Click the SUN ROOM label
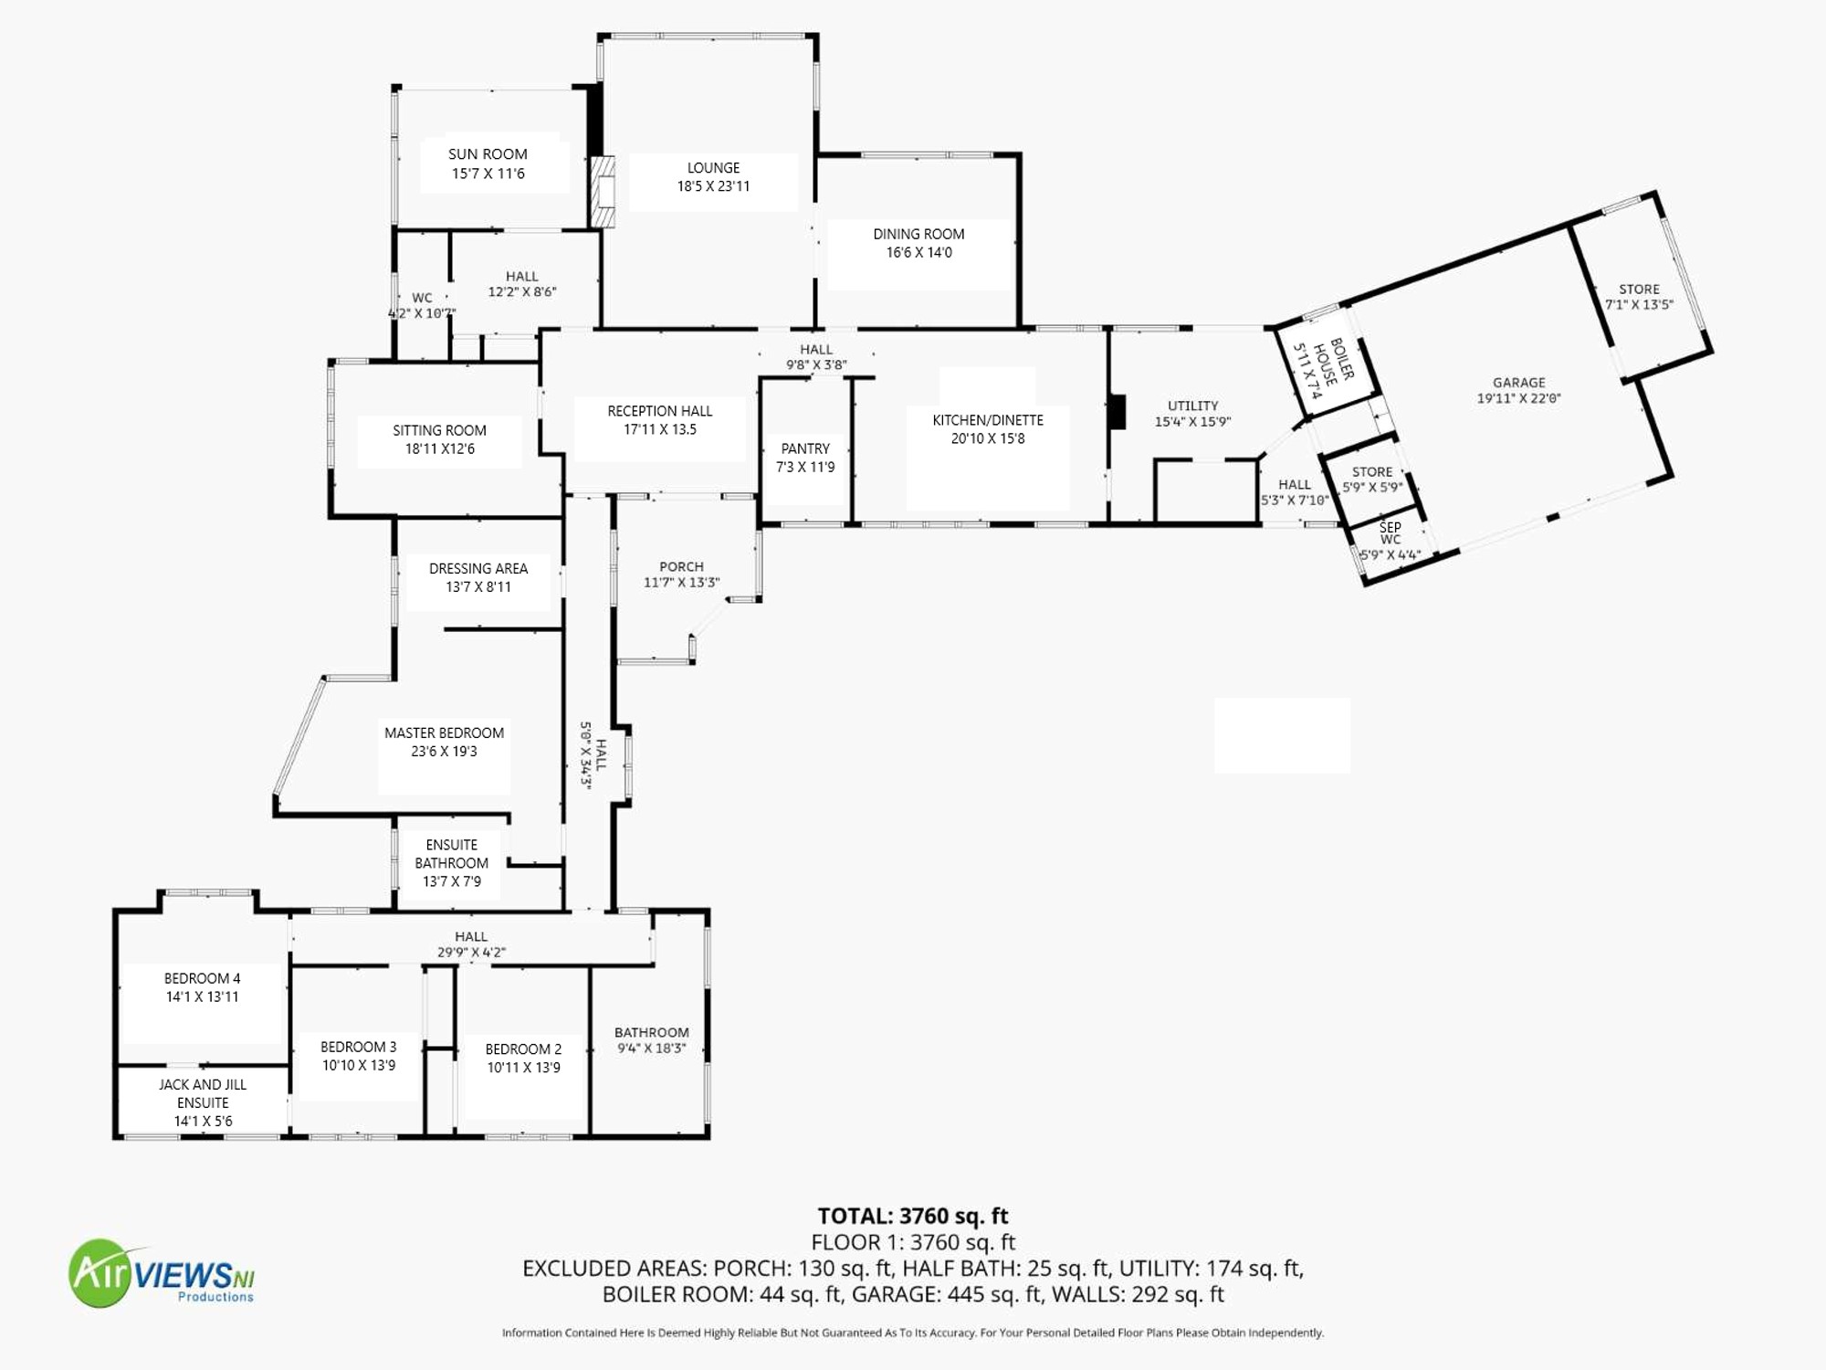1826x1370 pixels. click(x=488, y=154)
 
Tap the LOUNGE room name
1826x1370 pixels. click(x=713, y=168)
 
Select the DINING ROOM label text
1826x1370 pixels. click(x=918, y=234)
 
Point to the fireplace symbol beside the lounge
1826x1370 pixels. click(x=603, y=192)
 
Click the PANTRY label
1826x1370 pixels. click(x=805, y=448)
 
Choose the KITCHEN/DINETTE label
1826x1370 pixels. click(x=988, y=420)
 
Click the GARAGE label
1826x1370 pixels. click(x=1519, y=383)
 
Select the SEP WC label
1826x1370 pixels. click(x=1390, y=533)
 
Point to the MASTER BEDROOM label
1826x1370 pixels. click(x=444, y=732)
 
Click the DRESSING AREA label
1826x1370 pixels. click(x=478, y=568)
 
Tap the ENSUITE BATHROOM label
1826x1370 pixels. click(x=452, y=854)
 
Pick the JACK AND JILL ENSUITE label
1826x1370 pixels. click(x=203, y=1093)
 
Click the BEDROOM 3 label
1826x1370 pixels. click(x=359, y=1047)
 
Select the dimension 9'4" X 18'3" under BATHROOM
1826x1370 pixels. click(x=652, y=1049)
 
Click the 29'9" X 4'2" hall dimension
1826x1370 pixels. click(x=471, y=953)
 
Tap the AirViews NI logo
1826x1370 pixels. click(x=163, y=1273)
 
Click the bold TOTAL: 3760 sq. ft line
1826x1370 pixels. click(x=913, y=1216)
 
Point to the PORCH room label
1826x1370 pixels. click(x=682, y=566)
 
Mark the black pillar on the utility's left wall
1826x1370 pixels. click(x=1117, y=411)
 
